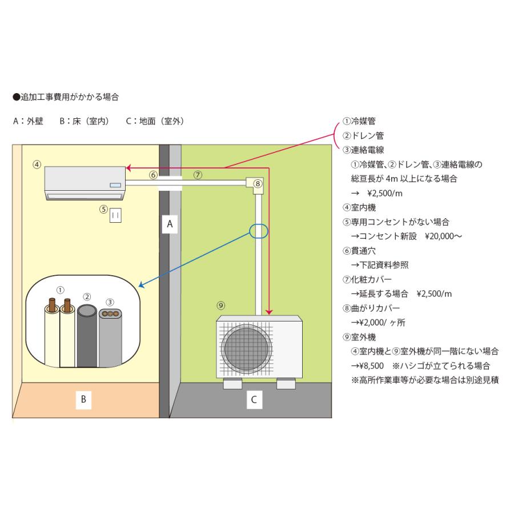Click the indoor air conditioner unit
point(85,183)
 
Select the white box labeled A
point(170,224)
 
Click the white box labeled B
point(83,399)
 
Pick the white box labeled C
point(254,399)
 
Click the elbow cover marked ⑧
point(255,184)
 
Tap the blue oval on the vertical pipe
point(258,231)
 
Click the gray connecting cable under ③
point(110,337)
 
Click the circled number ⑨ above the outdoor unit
point(221,305)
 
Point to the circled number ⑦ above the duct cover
point(197,175)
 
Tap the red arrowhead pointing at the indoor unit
point(129,168)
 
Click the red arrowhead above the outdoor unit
point(270,312)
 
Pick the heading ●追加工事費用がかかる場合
point(65,97)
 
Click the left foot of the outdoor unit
point(232,384)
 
